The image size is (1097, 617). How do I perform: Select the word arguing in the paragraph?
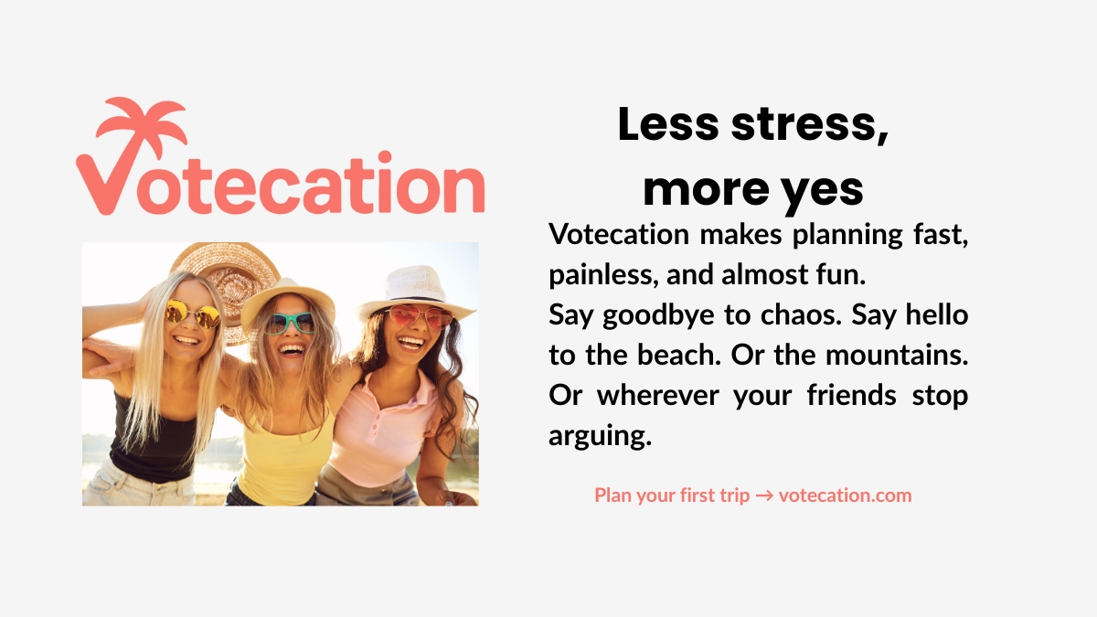(600, 436)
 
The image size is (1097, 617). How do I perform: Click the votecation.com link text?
(845, 495)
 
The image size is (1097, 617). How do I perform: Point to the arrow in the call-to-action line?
(764, 495)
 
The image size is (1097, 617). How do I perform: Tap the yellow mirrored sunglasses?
(192, 314)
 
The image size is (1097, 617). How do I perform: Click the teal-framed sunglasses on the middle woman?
(290, 323)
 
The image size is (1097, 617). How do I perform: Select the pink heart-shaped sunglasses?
(419, 317)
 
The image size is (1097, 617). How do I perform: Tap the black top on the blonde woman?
(151, 439)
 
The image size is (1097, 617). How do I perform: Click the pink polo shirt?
(384, 430)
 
